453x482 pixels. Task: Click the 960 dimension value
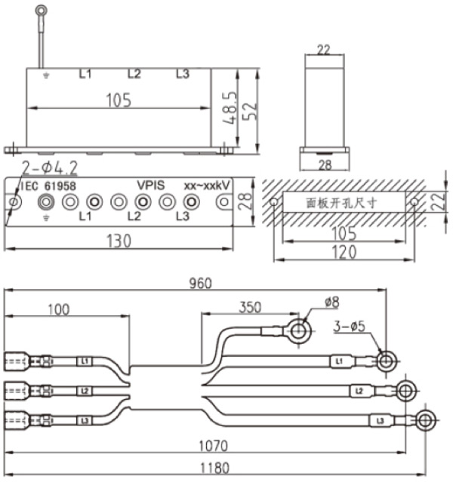coord(201,283)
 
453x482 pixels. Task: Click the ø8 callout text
coord(332,302)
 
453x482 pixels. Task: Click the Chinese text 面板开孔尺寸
coord(341,203)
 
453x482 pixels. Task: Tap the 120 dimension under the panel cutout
coord(344,253)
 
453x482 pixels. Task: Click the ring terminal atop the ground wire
coord(40,11)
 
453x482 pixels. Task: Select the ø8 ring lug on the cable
coord(299,330)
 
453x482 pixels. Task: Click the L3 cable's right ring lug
coord(425,420)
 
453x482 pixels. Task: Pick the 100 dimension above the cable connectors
coord(58,309)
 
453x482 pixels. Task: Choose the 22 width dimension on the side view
coord(323,50)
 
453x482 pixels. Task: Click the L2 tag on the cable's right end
coord(359,391)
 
